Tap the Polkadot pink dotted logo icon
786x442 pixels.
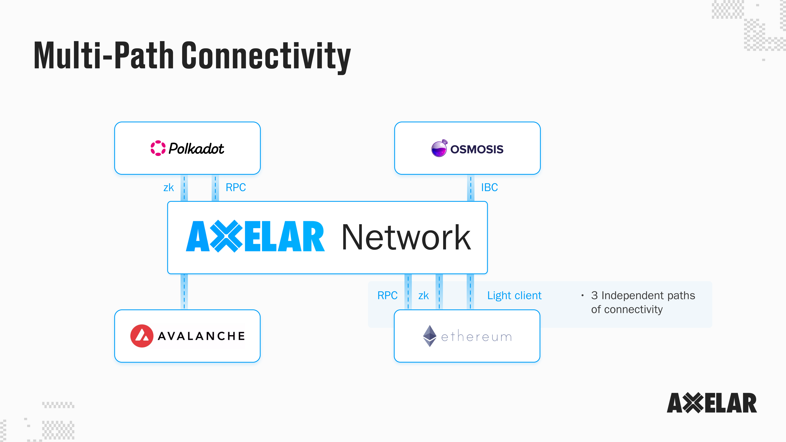(x=158, y=148)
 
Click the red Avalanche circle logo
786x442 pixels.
(x=142, y=336)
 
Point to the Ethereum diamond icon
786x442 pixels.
(x=430, y=336)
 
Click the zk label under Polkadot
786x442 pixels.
(x=168, y=187)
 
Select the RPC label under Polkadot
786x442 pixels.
(x=236, y=187)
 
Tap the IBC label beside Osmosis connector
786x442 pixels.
(x=489, y=187)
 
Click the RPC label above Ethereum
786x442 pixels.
(x=387, y=295)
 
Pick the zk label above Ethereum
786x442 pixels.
(x=423, y=295)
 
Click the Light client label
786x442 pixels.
(x=514, y=295)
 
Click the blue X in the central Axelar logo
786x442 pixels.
(x=226, y=236)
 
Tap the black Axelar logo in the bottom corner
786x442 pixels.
(x=712, y=403)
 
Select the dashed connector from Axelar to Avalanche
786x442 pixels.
(x=184, y=292)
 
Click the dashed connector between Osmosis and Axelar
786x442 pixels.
(x=471, y=188)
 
